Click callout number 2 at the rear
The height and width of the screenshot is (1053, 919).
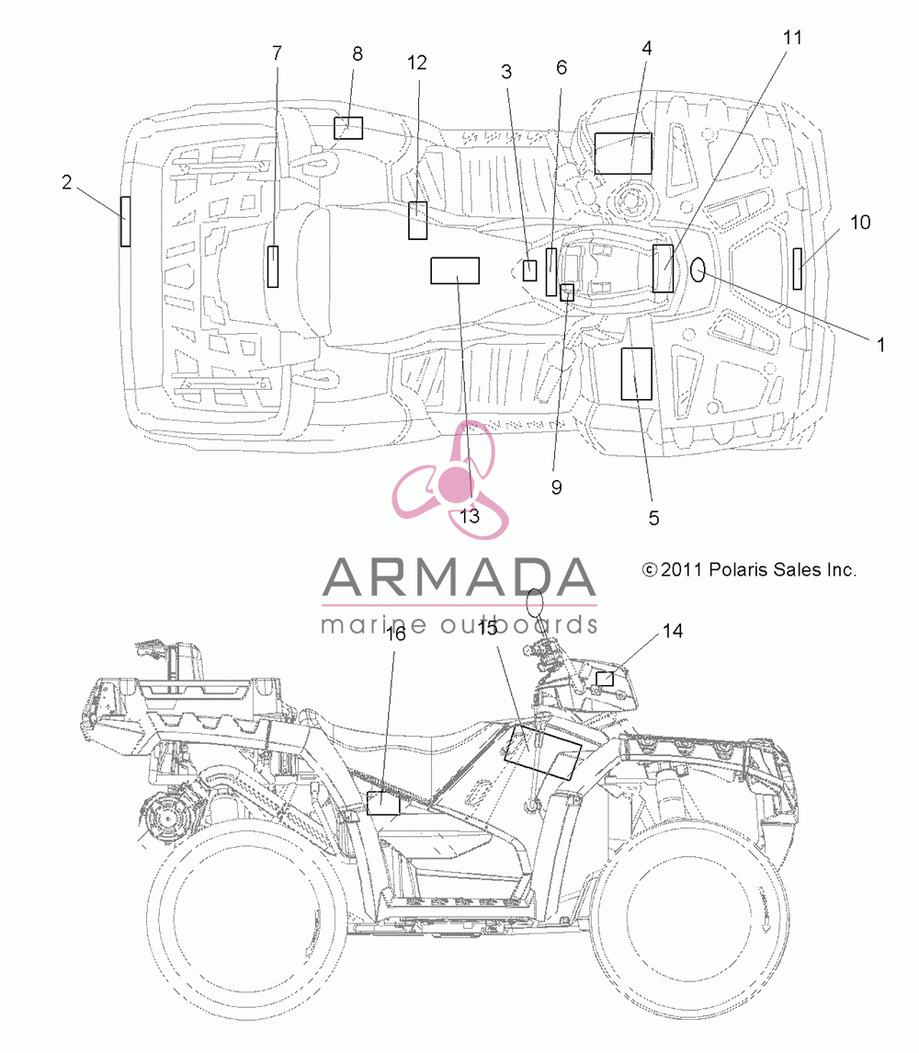(66, 182)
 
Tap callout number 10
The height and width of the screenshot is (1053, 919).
(860, 223)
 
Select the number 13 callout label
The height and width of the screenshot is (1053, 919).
(470, 516)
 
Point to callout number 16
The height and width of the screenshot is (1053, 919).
(396, 634)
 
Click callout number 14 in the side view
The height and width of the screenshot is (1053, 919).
(673, 631)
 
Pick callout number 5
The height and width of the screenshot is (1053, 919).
(653, 518)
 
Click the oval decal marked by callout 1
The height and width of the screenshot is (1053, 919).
(698, 270)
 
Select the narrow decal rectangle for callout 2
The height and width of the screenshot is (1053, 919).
(126, 221)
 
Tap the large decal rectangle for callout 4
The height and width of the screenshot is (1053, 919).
(623, 154)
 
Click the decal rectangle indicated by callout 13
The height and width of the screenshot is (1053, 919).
(455, 270)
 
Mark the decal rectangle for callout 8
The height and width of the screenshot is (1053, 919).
(348, 128)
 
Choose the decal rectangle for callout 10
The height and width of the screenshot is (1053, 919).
(798, 269)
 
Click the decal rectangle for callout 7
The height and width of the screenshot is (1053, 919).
(273, 267)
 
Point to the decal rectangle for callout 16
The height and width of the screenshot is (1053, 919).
(383, 803)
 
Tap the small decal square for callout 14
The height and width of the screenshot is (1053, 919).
(605, 679)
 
